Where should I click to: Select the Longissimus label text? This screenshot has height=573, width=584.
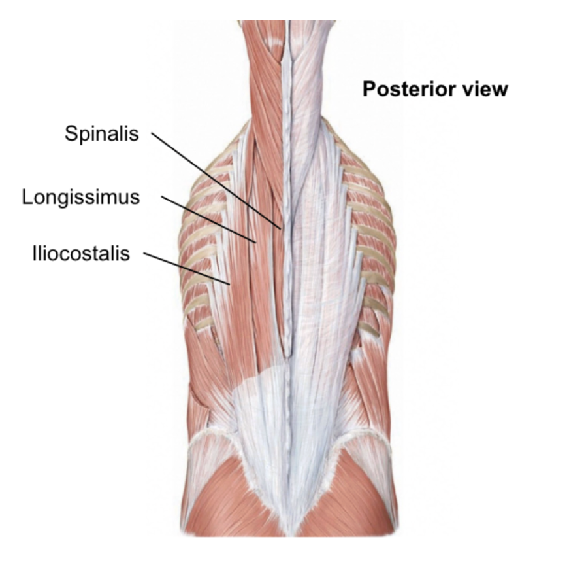point(81,197)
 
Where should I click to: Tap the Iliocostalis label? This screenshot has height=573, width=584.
point(81,253)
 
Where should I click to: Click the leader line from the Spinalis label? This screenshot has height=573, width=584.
point(216,181)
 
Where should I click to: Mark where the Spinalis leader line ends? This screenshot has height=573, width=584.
point(282,228)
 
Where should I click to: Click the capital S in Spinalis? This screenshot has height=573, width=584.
point(71,133)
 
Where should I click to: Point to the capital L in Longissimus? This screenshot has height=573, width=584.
point(27,197)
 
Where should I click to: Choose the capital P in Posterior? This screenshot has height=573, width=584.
point(368,89)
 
